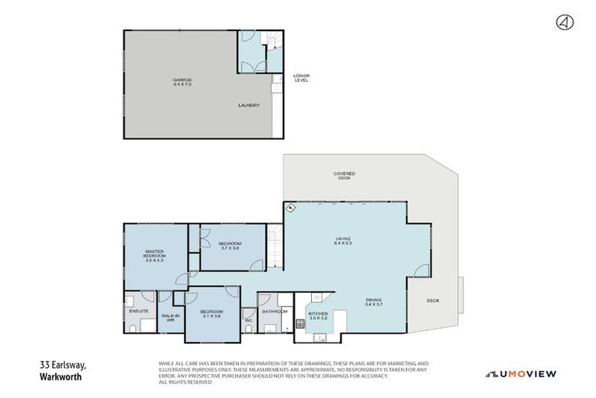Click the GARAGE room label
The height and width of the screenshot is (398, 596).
click(182, 81)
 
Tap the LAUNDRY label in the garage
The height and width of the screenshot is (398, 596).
click(248, 106)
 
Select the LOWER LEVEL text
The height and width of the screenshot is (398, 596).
click(301, 79)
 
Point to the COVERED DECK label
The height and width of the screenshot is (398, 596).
click(344, 176)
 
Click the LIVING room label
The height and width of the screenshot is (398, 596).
click(343, 240)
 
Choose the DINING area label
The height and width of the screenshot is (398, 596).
click(374, 302)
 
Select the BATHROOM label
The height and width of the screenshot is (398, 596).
click(275, 311)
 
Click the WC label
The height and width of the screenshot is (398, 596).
click(248, 320)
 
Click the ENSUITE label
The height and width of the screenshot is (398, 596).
click(139, 311)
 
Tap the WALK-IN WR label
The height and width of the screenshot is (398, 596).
click(171, 317)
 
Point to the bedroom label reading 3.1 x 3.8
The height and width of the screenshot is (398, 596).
click(212, 314)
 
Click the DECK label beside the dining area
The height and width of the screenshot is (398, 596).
click(433, 302)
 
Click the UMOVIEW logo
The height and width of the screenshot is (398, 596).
click(521, 374)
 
